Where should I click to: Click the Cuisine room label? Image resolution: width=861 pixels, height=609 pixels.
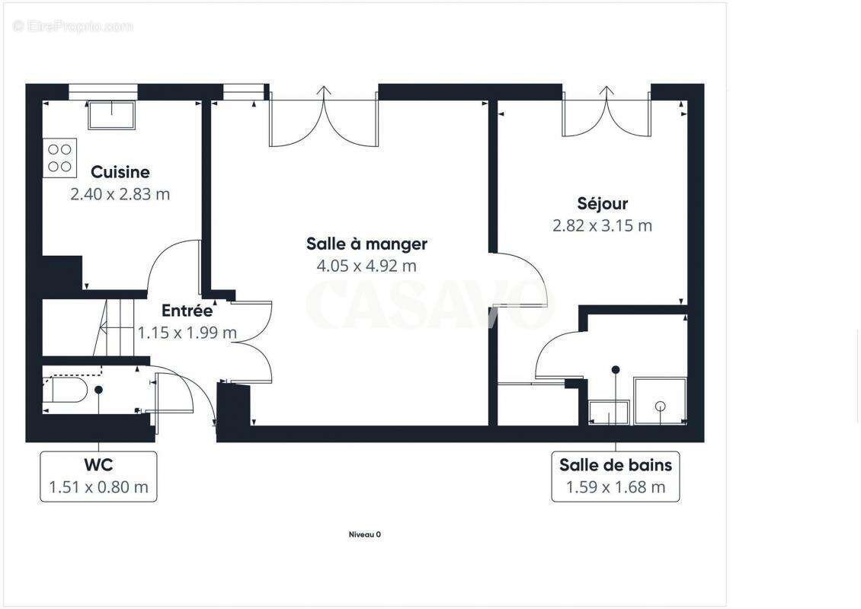click(120, 172)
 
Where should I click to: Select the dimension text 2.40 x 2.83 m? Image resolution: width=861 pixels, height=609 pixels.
click(120, 194)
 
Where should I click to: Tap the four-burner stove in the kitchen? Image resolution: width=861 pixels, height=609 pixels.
click(59, 158)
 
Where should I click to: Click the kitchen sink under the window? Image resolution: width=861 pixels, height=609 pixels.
click(111, 114)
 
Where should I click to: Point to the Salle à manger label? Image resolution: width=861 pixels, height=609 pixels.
click(366, 244)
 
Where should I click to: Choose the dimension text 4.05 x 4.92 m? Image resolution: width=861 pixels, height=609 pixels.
click(366, 266)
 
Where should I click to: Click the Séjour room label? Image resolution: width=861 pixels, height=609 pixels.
click(602, 203)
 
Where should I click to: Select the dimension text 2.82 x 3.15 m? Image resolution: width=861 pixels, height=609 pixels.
click(602, 225)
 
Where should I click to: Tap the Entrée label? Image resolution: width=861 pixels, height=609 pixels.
click(187, 311)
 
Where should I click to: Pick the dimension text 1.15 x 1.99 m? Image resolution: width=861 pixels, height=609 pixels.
click(187, 333)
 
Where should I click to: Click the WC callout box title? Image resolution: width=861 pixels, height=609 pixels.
click(99, 464)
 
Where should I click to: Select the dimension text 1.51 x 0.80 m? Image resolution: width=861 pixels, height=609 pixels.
click(99, 487)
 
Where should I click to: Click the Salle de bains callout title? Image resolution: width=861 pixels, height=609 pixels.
click(616, 464)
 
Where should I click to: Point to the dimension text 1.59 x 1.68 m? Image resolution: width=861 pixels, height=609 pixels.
click(616, 487)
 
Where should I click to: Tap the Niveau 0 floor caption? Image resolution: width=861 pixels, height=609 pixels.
click(364, 534)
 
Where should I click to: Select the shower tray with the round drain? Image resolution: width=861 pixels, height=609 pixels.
click(660, 401)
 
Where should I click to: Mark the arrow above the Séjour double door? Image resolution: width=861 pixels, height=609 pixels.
click(607, 94)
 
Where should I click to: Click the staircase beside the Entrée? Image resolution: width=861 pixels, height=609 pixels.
click(114, 327)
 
